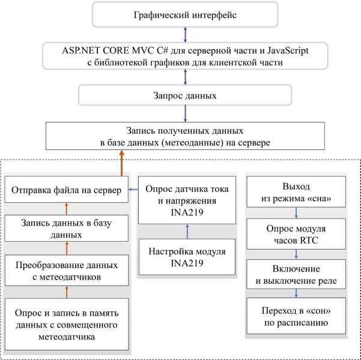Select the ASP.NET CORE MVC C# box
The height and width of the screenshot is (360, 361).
coord(185,56)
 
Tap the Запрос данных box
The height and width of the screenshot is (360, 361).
coord(185,95)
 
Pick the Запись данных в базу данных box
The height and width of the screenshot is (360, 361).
coord(67,228)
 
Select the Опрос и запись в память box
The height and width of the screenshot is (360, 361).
coord(67,324)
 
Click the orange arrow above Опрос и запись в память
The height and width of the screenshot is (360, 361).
coord(67,292)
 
